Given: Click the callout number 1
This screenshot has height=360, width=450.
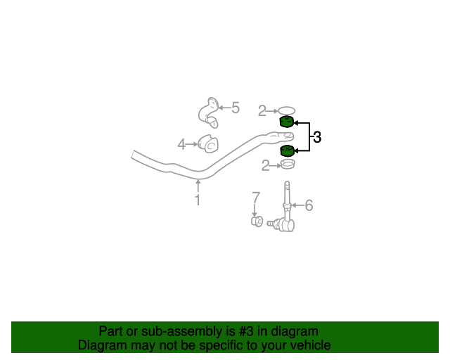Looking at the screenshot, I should [198, 200].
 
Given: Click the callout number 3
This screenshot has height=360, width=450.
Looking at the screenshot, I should [317, 138].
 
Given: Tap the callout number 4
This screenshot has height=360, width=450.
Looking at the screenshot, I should [181, 144].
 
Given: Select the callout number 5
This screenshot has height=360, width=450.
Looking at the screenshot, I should [236, 108].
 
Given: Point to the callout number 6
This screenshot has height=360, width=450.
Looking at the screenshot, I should [309, 205].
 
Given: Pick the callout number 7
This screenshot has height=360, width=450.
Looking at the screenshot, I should [256, 197].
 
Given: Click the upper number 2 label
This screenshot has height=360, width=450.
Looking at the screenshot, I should [262, 110].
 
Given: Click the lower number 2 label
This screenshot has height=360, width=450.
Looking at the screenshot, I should [265, 166].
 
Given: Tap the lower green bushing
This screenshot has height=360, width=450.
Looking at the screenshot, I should [287, 151].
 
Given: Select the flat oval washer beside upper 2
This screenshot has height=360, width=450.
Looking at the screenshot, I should [286, 110].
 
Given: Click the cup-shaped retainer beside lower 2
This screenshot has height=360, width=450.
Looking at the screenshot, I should [286, 165].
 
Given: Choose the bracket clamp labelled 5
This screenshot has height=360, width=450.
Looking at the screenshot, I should [208, 112].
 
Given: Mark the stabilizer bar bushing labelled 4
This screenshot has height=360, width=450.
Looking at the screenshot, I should [209, 143].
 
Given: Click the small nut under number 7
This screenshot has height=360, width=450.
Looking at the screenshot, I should [257, 221].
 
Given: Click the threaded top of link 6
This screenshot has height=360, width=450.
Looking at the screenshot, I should [287, 188].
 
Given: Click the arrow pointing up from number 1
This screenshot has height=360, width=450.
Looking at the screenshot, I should [198, 185].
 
